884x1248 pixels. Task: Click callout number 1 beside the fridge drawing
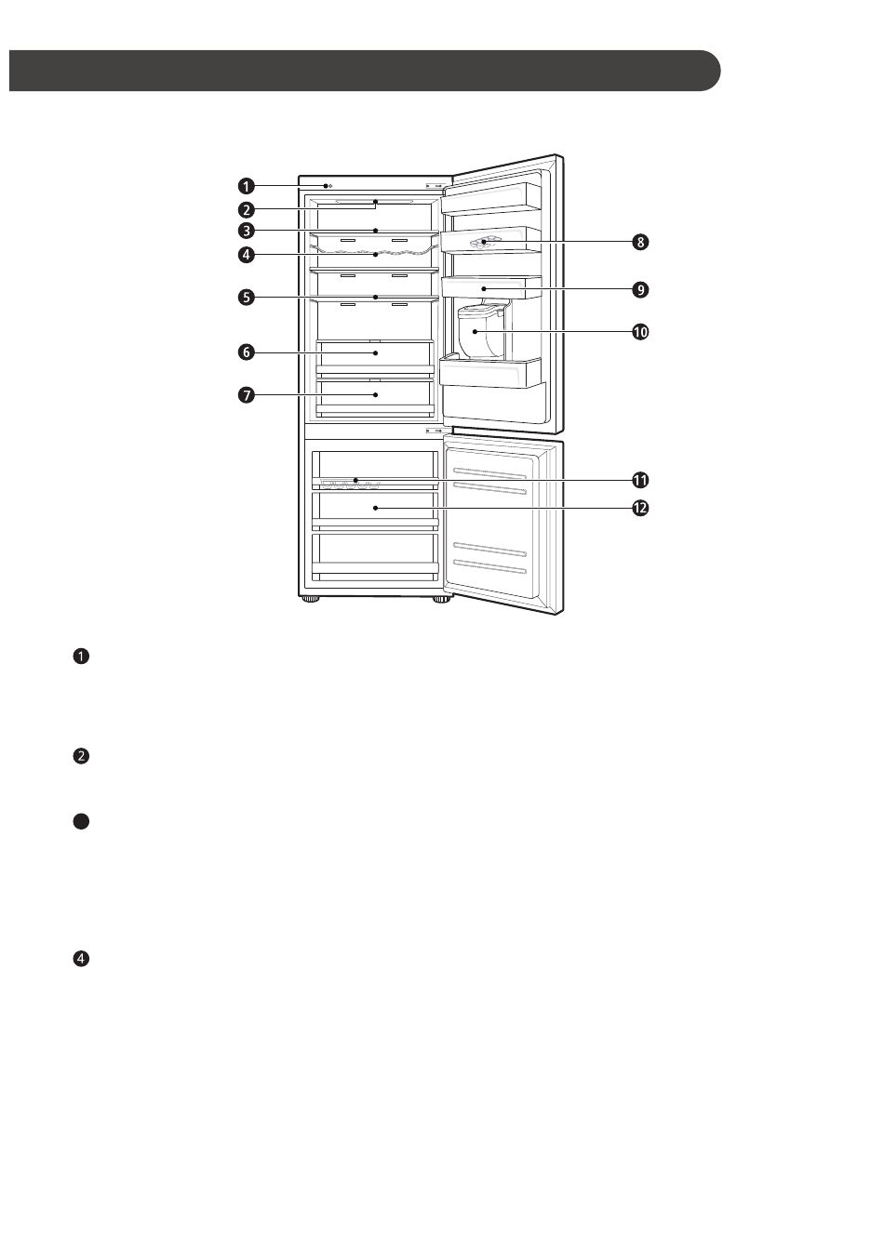click(246, 186)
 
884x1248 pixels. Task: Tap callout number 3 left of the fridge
click(246, 230)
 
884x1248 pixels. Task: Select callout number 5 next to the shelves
click(246, 298)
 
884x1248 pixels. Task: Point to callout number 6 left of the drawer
click(246, 352)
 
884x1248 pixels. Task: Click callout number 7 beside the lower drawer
click(246, 395)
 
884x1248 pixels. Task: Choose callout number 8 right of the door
click(640, 243)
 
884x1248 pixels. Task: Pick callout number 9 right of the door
click(640, 290)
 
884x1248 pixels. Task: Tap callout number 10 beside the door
click(640, 332)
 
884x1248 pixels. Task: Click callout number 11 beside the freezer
click(640, 480)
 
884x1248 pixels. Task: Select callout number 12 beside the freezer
click(640, 508)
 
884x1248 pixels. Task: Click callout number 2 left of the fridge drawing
click(246, 210)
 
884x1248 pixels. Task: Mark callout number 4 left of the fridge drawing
click(246, 255)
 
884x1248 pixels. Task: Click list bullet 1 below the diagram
click(81, 657)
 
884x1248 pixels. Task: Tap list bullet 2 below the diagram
click(81, 756)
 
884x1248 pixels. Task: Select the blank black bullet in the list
click(81, 822)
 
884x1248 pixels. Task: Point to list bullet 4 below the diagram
click(81, 959)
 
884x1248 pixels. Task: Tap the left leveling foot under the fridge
click(311, 601)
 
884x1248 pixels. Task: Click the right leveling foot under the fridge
click(442, 601)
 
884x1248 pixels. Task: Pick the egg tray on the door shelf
click(485, 242)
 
